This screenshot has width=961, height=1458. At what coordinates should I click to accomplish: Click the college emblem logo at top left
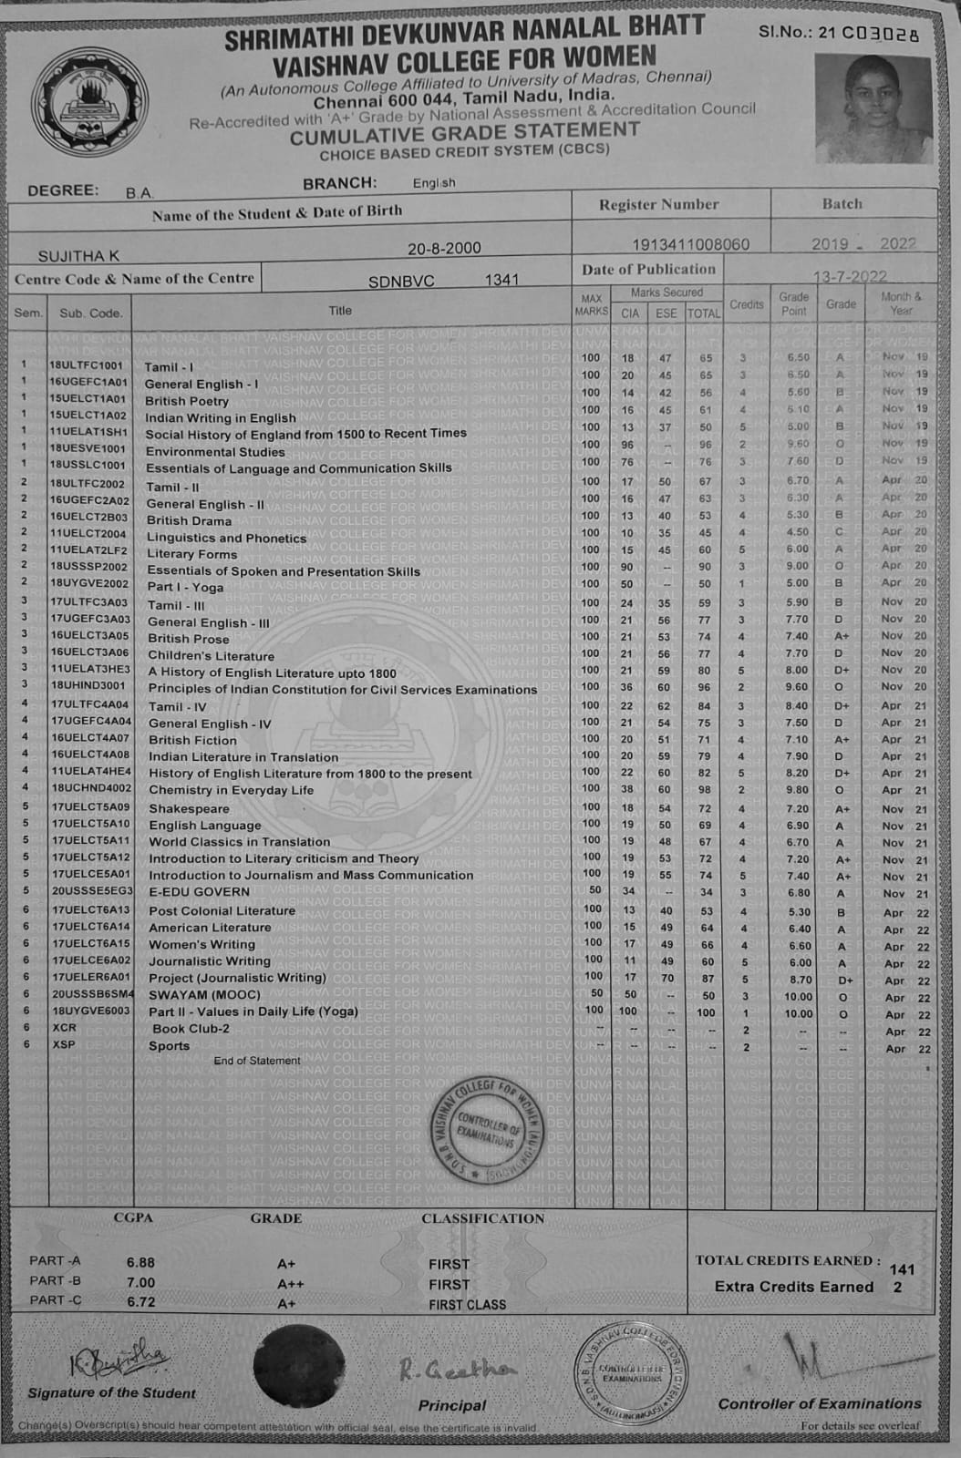pyautogui.click(x=88, y=104)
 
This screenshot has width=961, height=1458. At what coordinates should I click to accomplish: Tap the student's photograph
pyautogui.click(x=873, y=108)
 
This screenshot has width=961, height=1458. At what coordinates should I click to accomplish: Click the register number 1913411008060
pyautogui.click(x=690, y=244)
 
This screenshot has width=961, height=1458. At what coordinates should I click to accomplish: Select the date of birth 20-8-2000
pyautogui.click(x=445, y=248)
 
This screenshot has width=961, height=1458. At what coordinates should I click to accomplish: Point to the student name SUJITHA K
pyautogui.click(x=78, y=256)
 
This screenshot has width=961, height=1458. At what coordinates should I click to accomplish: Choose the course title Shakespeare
pyautogui.click(x=189, y=808)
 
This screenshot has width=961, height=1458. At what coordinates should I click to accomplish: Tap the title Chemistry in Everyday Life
pyautogui.click(x=231, y=790)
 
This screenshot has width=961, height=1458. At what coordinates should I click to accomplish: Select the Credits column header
pyautogui.click(x=746, y=304)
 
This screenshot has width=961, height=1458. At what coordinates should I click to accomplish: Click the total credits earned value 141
pyautogui.click(x=901, y=1268)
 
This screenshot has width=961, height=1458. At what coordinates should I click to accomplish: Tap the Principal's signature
pyautogui.click(x=457, y=1370)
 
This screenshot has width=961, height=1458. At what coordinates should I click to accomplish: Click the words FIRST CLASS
pyautogui.click(x=467, y=1304)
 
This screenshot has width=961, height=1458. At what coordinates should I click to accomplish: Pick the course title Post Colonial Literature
pyautogui.click(x=222, y=910)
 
